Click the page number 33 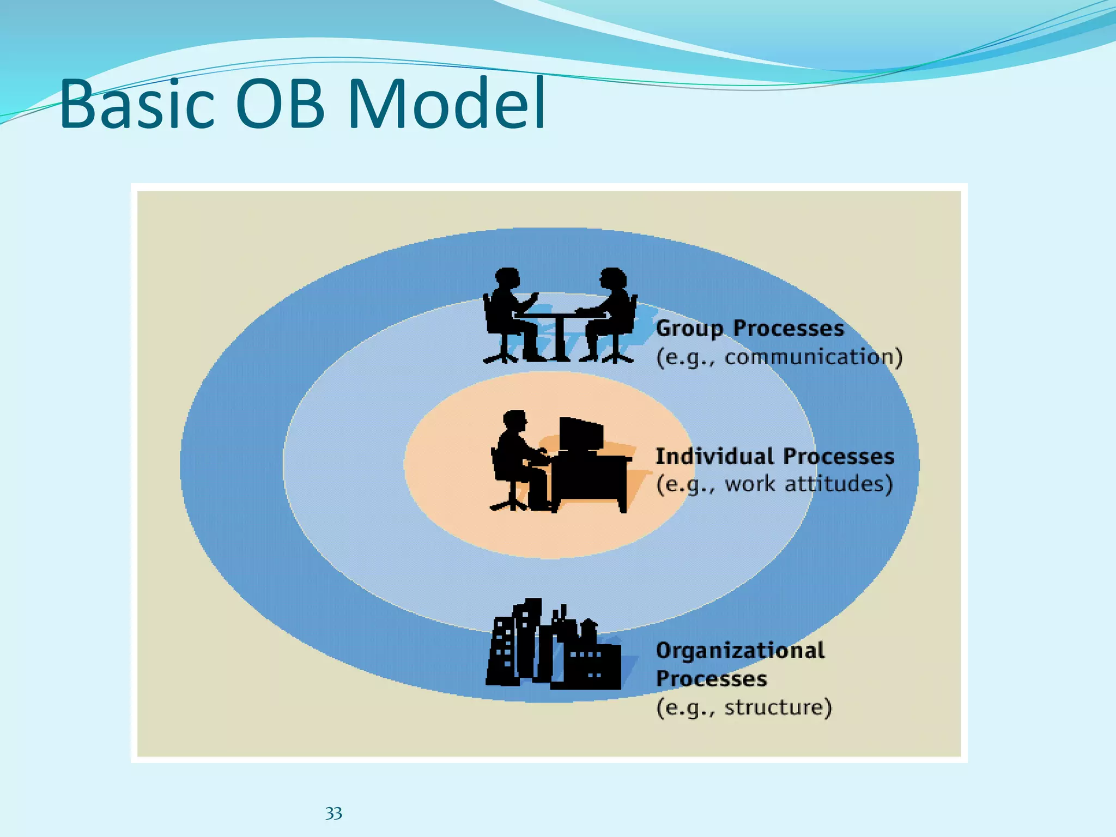click(333, 814)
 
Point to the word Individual click(714, 457)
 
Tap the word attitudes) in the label click(839, 484)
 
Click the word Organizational click(740, 651)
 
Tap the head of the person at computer click(515, 421)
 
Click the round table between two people click(559, 327)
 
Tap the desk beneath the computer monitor click(591, 480)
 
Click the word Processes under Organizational click(711, 679)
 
